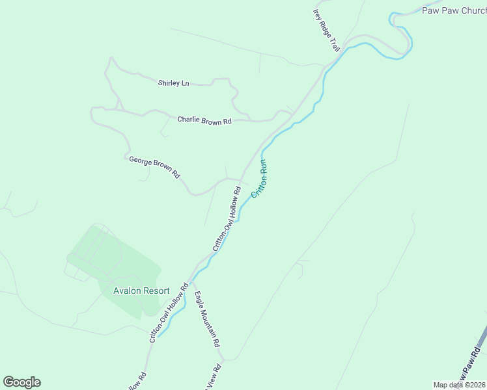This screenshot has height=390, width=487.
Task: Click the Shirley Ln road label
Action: (173, 83)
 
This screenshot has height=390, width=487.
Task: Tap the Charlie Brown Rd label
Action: (204, 120)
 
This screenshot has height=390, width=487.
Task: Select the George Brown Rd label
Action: (154, 166)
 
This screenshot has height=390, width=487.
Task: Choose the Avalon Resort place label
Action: (141, 291)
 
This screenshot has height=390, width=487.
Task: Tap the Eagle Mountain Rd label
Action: (207, 318)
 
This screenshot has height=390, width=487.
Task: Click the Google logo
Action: (21, 382)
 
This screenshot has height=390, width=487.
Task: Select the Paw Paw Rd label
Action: (470, 365)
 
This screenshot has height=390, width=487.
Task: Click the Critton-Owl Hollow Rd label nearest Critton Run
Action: (227, 219)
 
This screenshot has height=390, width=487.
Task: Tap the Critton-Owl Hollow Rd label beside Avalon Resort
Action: (169, 312)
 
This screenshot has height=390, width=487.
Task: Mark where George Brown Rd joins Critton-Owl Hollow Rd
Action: (242, 180)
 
